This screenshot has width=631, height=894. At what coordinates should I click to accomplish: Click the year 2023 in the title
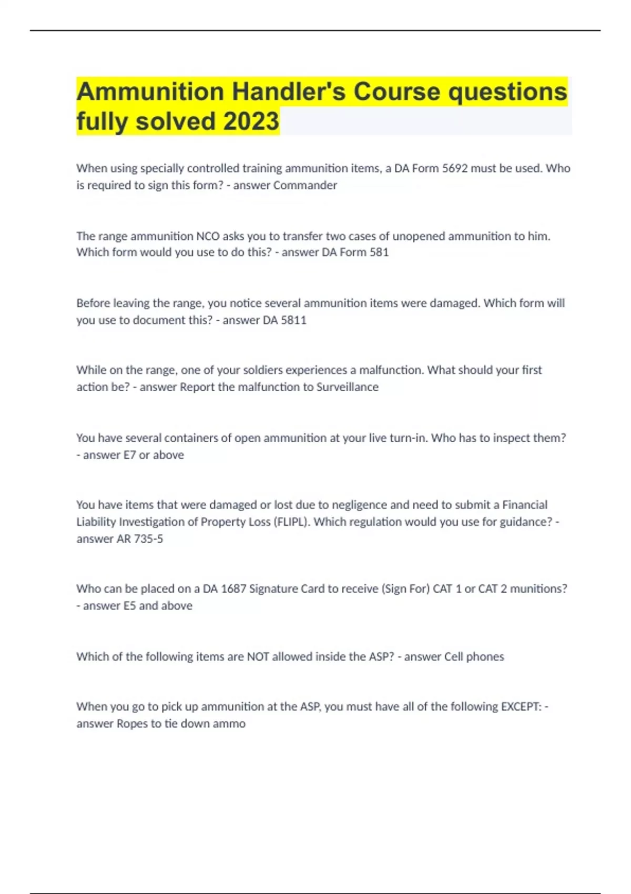point(251,121)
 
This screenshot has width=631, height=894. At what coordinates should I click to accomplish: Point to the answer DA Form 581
point(355,252)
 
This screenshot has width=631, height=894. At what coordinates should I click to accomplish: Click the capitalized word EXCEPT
point(521,707)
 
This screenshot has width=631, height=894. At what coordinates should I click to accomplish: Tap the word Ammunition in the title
point(150,92)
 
